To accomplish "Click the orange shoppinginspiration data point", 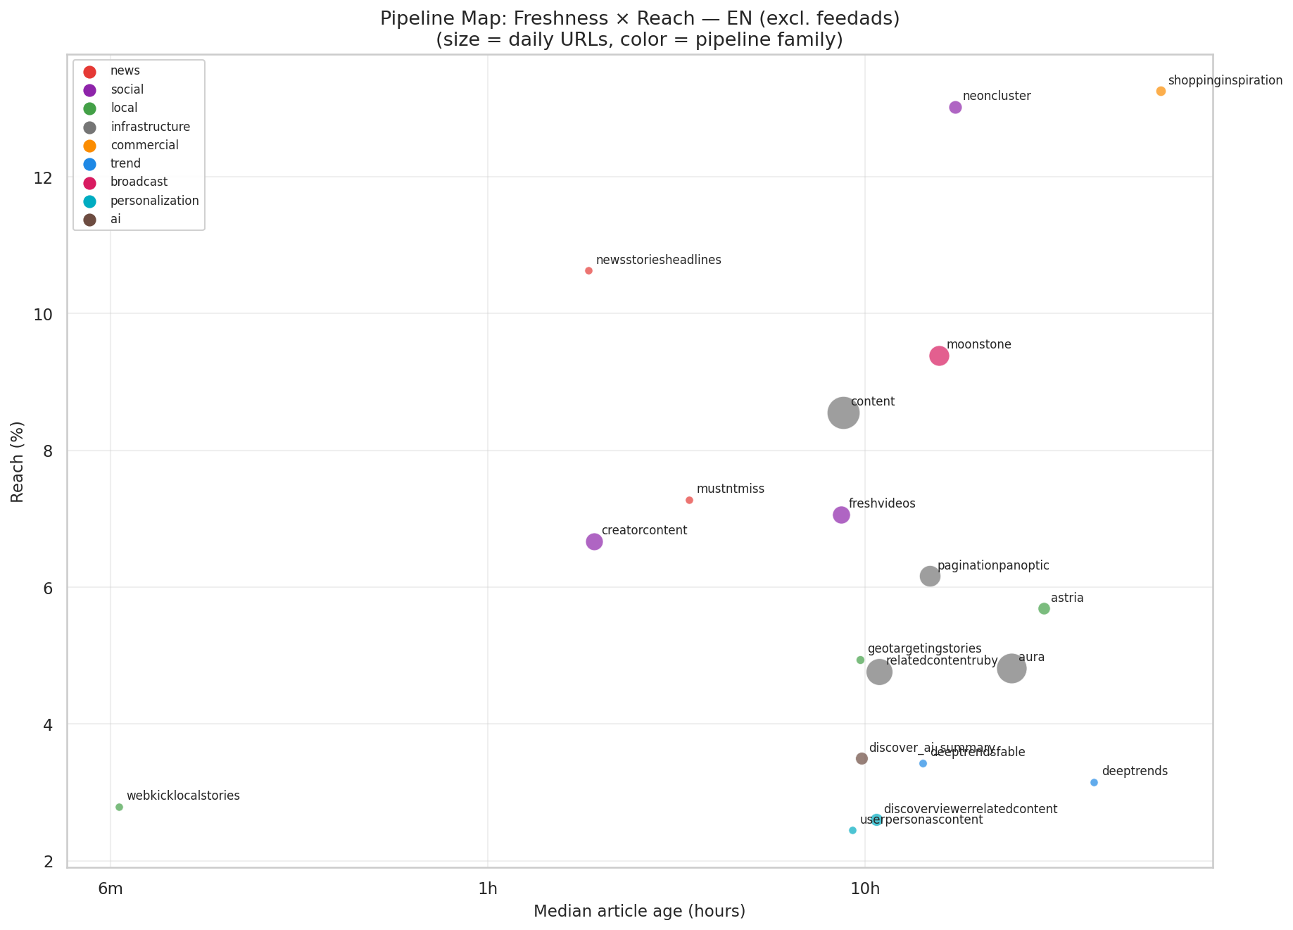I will pyautogui.click(x=1161, y=92).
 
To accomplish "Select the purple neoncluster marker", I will pyautogui.click(x=955, y=107).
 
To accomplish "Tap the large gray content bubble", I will pyautogui.click(x=843, y=413).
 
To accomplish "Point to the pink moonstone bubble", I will pyautogui.click(x=939, y=356).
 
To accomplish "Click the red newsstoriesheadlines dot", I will pyautogui.click(x=588, y=271).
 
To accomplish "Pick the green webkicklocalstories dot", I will pyautogui.click(x=119, y=807).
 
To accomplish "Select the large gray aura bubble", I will pyautogui.click(x=1011, y=668).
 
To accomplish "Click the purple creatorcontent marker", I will pyautogui.click(x=594, y=541).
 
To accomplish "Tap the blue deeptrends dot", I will pyautogui.click(x=1094, y=783).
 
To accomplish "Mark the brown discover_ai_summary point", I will pyautogui.click(x=862, y=758).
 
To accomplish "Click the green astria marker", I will pyautogui.click(x=1044, y=608).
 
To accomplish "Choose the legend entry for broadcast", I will pyautogui.click(x=139, y=182).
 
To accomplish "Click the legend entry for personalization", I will pyautogui.click(x=154, y=201).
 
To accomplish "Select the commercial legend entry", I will pyautogui.click(x=144, y=145).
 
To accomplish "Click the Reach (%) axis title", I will pyautogui.click(x=18, y=462).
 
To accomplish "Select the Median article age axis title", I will pyautogui.click(x=639, y=912).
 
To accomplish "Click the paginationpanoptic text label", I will pyautogui.click(x=993, y=565).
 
